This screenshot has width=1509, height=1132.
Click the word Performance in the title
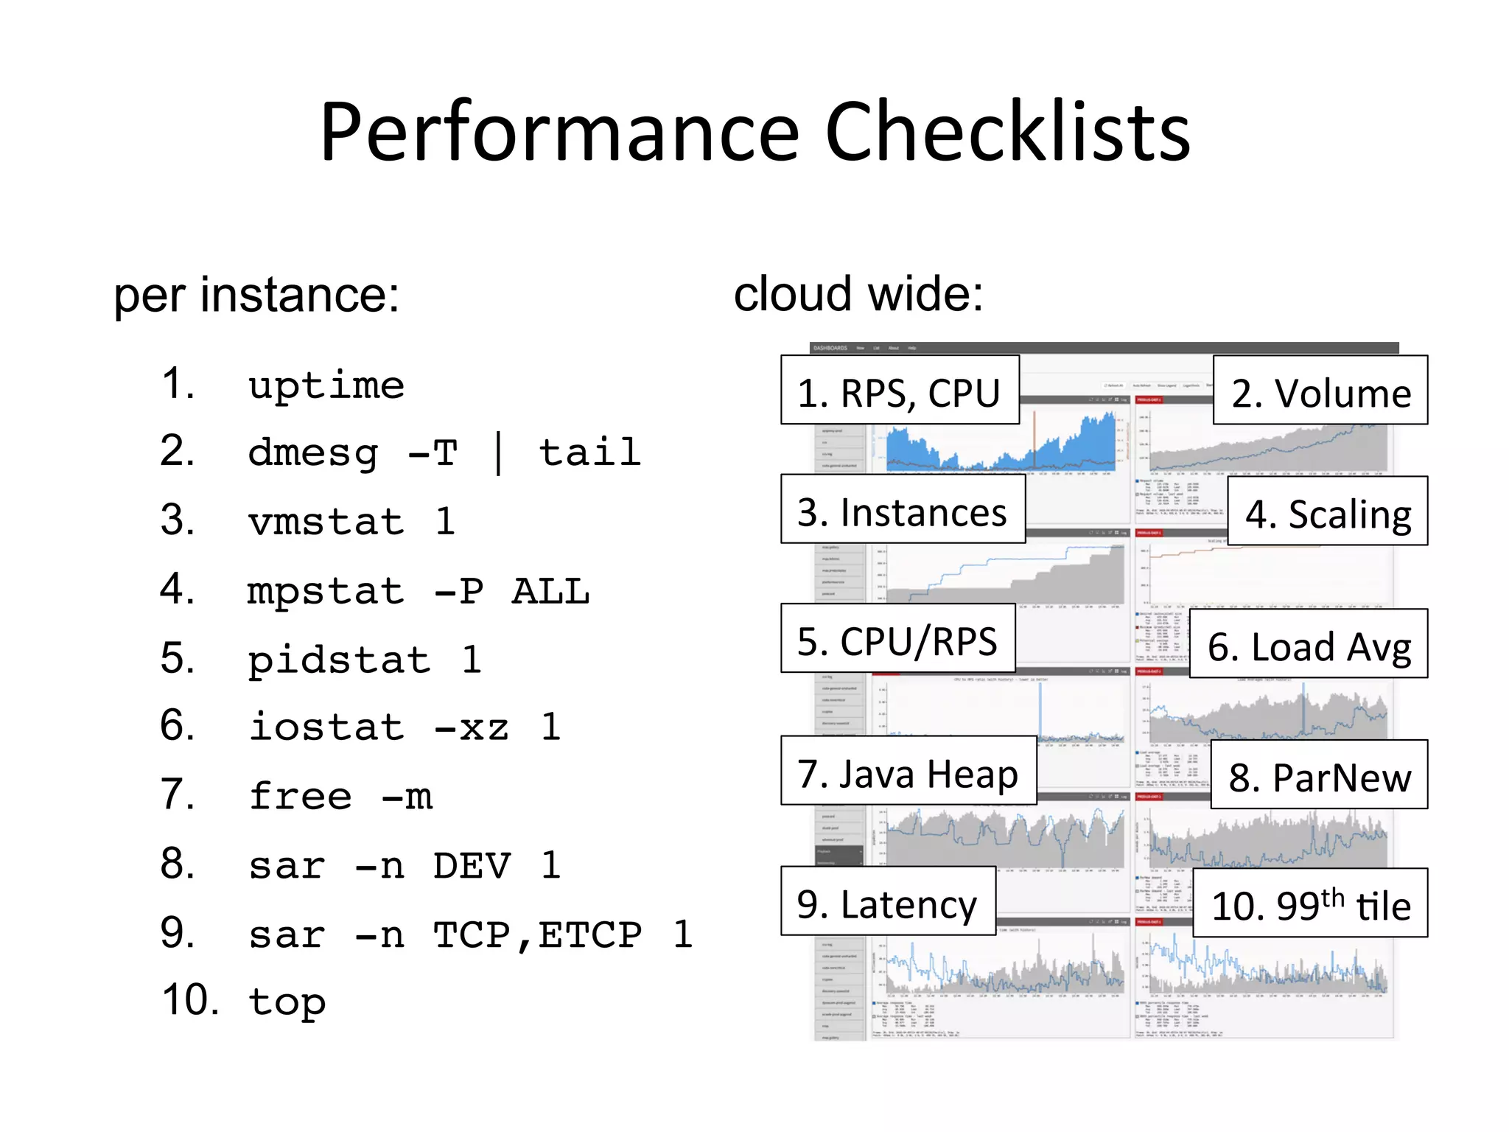pos(560,133)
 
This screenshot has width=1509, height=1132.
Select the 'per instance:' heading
pos(256,295)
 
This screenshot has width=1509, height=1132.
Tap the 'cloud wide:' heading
pos(858,293)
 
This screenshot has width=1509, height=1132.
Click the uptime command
pos(326,385)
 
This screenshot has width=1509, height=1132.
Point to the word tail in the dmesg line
pos(589,452)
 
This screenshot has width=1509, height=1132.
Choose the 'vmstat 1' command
pos(351,522)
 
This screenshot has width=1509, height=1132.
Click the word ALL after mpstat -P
pos(550,591)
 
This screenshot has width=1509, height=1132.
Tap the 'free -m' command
pos(340,797)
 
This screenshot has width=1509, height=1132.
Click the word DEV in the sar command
pos(472,865)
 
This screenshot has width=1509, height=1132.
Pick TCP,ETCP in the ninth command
pos(537,934)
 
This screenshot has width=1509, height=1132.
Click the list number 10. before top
pos(190,1001)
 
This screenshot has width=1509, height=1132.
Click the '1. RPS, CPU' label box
pos(900,391)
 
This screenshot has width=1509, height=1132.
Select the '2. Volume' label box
pos(1320,391)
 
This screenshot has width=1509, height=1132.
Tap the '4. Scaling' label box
pos(1327,511)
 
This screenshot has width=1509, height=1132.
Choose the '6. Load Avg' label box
pos(1309,644)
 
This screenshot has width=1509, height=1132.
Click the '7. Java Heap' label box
pos(908,771)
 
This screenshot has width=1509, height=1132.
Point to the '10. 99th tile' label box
pos(1310,904)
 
